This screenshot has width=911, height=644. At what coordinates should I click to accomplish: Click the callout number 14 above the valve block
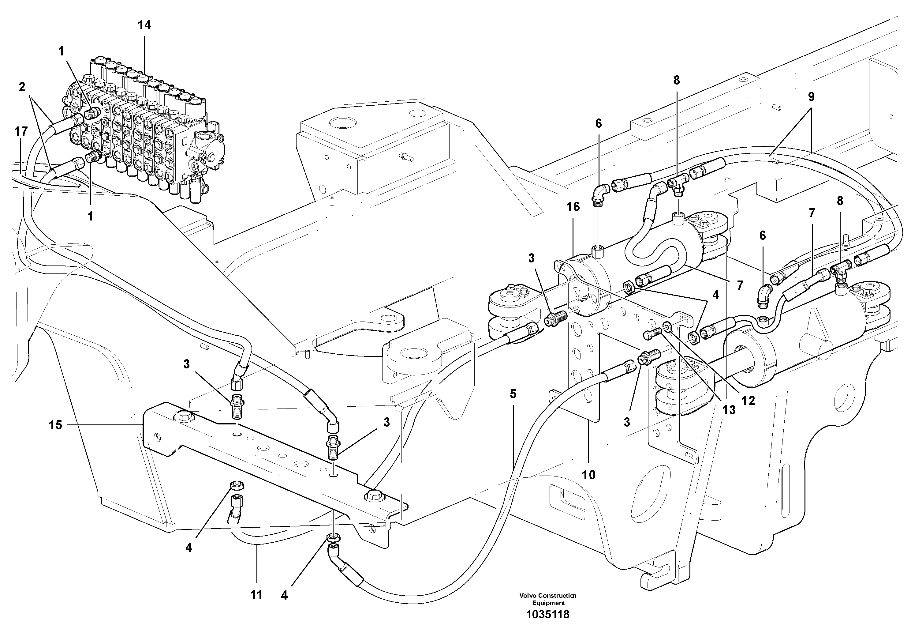pyautogui.click(x=144, y=25)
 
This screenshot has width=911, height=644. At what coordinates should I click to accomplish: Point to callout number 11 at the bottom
pyautogui.click(x=256, y=594)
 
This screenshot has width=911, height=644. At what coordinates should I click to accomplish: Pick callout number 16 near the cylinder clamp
pyautogui.click(x=573, y=207)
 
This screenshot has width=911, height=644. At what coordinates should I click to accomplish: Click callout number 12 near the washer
pyautogui.click(x=748, y=401)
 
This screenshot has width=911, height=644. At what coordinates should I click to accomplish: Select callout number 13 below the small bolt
pyautogui.click(x=729, y=410)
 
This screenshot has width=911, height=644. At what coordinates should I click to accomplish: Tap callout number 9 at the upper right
pyautogui.click(x=811, y=96)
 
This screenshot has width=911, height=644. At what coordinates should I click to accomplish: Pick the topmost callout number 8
pyautogui.click(x=677, y=80)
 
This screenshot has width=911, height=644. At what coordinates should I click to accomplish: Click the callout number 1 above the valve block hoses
pyautogui.click(x=61, y=51)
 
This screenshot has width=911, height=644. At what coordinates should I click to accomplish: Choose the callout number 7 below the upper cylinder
pyautogui.click(x=740, y=285)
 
